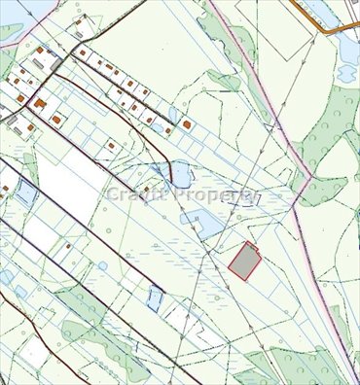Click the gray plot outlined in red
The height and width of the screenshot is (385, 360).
click(244, 262)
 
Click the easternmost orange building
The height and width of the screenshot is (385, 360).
click(186, 125)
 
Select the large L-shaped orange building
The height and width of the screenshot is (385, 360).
click(40, 103)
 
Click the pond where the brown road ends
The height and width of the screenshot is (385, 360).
click(180, 175)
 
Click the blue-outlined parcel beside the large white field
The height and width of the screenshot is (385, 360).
click(26, 195)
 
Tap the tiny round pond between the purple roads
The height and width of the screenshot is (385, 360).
click(102, 265)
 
